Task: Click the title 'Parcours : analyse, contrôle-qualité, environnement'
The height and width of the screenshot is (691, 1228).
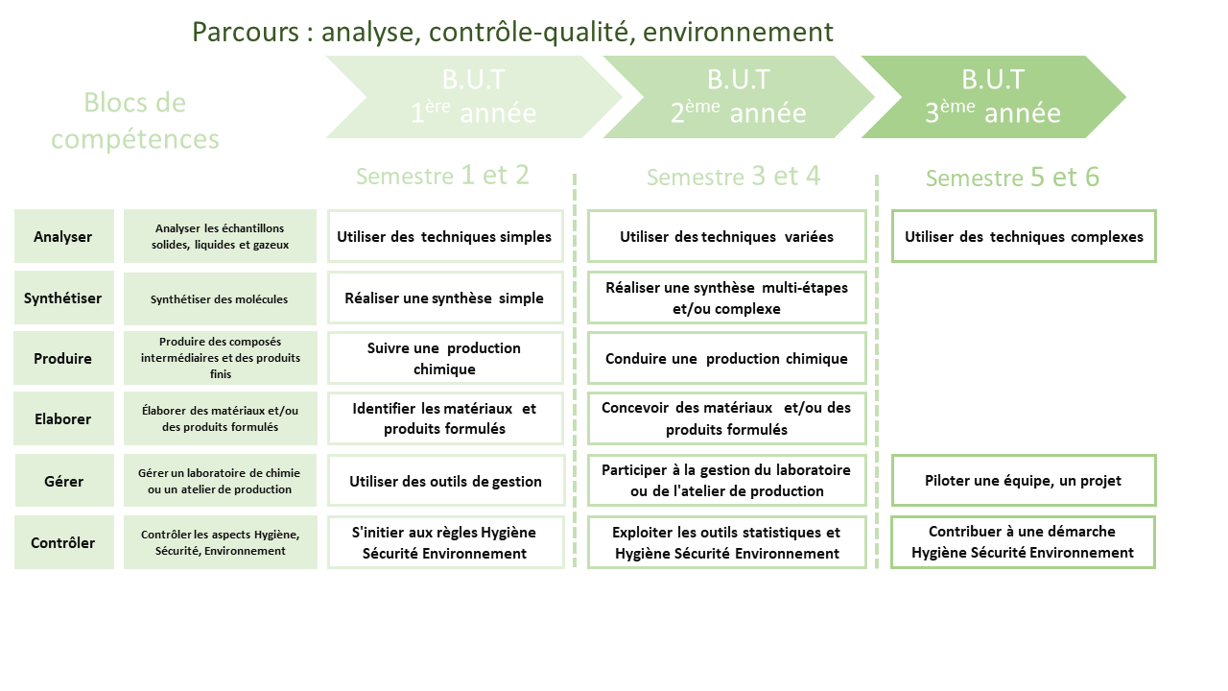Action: [x=512, y=32]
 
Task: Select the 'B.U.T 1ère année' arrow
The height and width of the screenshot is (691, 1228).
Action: [x=474, y=97]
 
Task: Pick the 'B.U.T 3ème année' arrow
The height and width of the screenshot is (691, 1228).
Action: [x=993, y=97]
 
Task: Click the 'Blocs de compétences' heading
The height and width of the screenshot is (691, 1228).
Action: [x=135, y=120]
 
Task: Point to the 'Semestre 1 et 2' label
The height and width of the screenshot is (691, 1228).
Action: [x=442, y=176]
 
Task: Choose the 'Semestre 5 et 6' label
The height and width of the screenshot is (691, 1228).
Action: [x=1012, y=178]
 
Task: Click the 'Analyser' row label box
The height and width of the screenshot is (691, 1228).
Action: [x=63, y=236]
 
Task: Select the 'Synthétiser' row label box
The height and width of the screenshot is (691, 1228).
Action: [x=63, y=298]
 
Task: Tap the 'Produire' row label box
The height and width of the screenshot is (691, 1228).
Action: [x=63, y=358]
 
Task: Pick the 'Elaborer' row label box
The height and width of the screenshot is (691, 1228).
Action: [x=63, y=418]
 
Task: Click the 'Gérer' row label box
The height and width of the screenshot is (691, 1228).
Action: [x=63, y=481]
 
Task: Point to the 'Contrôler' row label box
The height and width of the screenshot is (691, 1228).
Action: [x=63, y=542]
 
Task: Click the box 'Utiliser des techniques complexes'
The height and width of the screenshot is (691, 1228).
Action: [x=1024, y=236]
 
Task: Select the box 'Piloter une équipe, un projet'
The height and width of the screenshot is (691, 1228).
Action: [x=1024, y=481]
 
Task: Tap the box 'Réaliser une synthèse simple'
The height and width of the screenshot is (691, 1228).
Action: [x=444, y=298]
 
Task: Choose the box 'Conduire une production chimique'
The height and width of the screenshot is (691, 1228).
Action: [x=726, y=358]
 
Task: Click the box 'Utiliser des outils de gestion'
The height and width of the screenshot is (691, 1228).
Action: [x=444, y=481]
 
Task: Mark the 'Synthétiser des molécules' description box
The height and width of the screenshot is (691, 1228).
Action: [x=220, y=298]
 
